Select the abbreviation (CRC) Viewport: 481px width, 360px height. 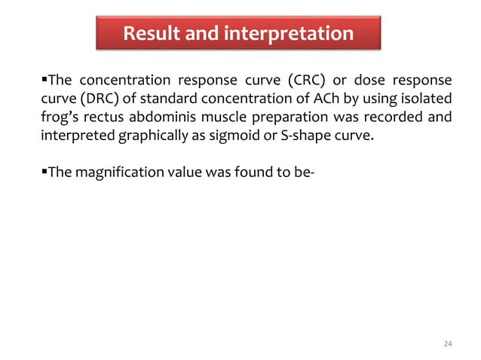[300, 81]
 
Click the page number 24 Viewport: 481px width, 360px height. [448, 344]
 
